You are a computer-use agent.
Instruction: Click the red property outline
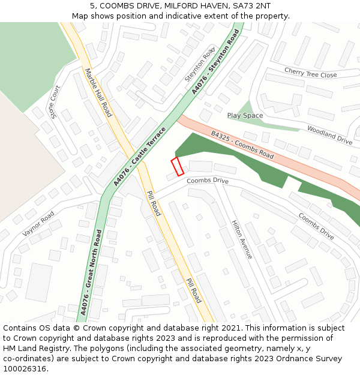pos(178,166)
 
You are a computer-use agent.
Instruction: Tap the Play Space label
pos(245,115)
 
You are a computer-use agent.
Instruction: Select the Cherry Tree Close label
pos(311,73)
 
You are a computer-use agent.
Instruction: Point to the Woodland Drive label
pos(329,135)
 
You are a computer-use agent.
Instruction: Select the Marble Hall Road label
pos(98,92)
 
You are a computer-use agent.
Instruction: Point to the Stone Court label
pos(55,101)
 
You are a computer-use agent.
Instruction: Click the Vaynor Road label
pos(38,223)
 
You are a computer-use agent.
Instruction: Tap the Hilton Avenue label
pos(242,239)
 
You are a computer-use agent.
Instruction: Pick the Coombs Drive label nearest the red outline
pos(208,181)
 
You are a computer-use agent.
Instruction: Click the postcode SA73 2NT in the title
pos(251,5)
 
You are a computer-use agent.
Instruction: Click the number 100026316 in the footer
pos(25,368)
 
